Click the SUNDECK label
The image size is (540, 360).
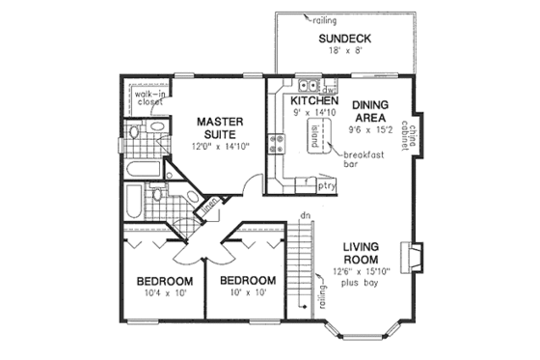pos(344,40)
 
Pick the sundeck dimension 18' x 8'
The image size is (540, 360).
pos(344,54)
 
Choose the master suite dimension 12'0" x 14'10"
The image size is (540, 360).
pos(220,145)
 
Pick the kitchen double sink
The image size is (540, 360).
pos(305,85)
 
